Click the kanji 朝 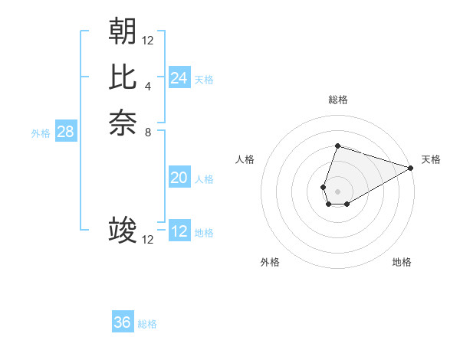(123, 31)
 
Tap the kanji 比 (123, 77)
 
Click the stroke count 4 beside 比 (148, 86)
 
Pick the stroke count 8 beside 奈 (148, 132)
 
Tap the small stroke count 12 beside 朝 (148, 40)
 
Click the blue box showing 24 (179, 78)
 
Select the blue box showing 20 (179, 178)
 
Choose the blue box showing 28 (66, 132)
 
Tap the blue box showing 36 (123, 322)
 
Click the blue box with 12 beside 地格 (179, 231)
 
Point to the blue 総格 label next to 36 (147, 324)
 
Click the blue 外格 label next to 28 (41, 133)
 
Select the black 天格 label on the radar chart (431, 159)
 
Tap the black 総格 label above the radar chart (337, 100)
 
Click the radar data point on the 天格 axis (411, 168)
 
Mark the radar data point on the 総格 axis (337, 146)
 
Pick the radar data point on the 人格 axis (324, 186)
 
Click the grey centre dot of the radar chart (337, 191)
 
